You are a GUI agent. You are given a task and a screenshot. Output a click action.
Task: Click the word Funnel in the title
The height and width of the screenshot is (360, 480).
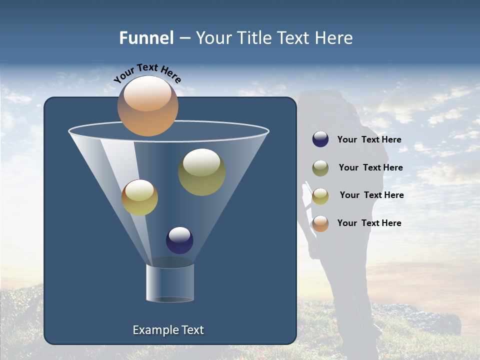(146, 38)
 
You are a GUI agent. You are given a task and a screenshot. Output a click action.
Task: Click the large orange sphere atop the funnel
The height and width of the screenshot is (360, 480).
(147, 105)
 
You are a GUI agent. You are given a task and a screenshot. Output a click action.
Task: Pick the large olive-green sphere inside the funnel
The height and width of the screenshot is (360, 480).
(201, 171)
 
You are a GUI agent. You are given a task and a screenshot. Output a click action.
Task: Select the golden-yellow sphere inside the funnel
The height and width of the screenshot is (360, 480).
(139, 197)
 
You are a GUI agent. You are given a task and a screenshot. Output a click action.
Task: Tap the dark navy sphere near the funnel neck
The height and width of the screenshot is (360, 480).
(179, 240)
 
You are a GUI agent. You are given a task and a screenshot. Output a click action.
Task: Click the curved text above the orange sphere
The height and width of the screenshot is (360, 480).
(147, 73)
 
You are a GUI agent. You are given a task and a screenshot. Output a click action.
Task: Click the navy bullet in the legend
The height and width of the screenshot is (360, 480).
(320, 139)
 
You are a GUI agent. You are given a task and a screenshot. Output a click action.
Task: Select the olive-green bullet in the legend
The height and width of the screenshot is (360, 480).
(320, 168)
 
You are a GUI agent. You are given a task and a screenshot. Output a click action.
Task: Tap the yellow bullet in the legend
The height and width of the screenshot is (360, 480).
(320, 196)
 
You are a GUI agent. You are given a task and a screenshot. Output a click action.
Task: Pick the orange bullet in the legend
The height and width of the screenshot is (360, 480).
(320, 223)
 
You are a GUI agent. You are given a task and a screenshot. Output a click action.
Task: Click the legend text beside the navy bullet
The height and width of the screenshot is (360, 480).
(369, 140)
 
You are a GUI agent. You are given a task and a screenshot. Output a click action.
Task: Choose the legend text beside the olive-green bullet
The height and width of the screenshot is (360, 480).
(371, 168)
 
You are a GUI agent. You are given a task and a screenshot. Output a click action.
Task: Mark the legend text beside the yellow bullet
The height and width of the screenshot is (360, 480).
(372, 195)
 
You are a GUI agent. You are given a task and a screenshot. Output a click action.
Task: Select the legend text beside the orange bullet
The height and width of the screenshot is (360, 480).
(369, 223)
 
